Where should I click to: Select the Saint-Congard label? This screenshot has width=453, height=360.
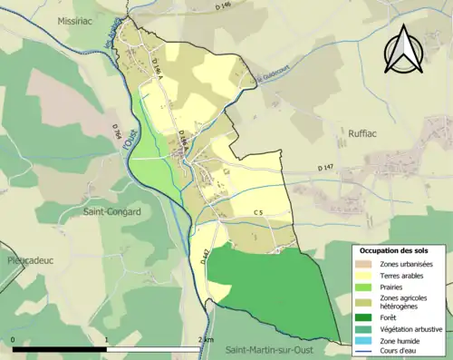[92, 212]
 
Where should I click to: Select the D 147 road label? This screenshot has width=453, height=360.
[326, 168]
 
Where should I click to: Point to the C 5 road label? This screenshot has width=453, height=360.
[258, 213]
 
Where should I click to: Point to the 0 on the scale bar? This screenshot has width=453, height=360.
[14, 339]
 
